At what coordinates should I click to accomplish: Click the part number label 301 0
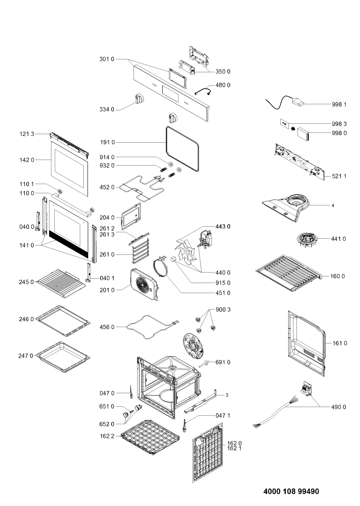(107, 59)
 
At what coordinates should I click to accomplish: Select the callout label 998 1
(339, 104)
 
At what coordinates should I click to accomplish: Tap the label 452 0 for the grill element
(107, 187)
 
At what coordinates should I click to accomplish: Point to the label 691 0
(223, 362)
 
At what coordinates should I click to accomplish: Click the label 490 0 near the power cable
(338, 407)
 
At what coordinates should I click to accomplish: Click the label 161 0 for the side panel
(340, 343)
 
